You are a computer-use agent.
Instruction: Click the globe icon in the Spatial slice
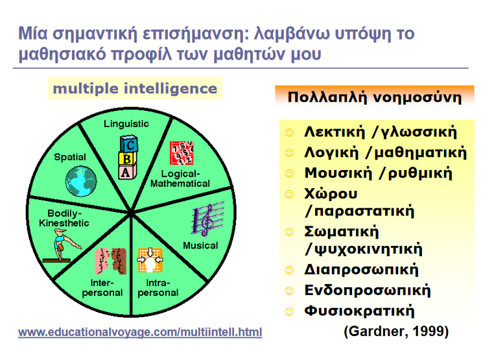tap(81, 181)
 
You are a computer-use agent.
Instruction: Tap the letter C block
tap(129, 145)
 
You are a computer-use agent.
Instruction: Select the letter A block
tap(127, 171)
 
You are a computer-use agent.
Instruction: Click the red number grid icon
tap(182, 153)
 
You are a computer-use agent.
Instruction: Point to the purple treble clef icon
tap(207, 219)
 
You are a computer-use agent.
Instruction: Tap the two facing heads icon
tap(110, 261)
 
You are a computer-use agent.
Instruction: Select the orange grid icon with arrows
tap(150, 260)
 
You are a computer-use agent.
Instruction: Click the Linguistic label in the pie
tap(126, 124)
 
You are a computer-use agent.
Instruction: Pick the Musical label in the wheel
tap(200, 246)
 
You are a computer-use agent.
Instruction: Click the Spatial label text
tap(70, 157)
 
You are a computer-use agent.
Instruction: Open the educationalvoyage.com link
tap(140, 332)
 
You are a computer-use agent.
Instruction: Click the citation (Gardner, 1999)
tap(396, 331)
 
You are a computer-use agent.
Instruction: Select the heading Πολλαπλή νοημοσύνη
tap(375, 97)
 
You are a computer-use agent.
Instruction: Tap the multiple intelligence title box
tap(135, 88)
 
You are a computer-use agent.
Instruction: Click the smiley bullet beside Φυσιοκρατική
tap(289, 312)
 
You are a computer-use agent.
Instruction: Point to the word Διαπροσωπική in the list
tap(361, 270)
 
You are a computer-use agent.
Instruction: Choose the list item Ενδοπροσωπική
tap(368, 291)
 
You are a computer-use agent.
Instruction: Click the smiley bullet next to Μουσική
tap(289, 174)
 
